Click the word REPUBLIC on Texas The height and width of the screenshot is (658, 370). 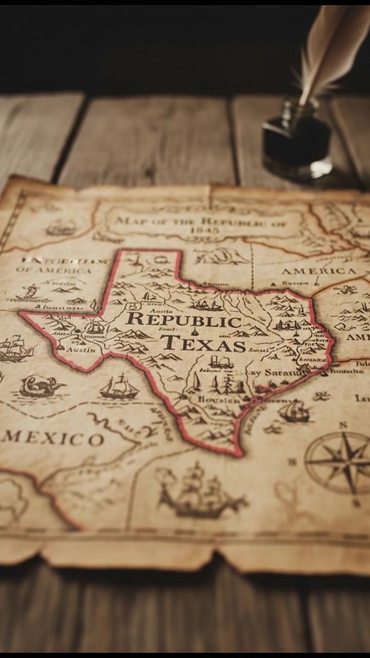tap(183, 320)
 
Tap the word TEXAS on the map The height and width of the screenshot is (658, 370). tap(203, 343)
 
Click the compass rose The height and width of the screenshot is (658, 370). tap(338, 462)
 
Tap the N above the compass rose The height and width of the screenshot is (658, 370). tap(343, 425)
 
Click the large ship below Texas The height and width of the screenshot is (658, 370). tap(200, 492)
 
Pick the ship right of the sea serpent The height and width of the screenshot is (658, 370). tap(119, 387)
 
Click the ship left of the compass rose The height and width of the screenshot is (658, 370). tap(294, 412)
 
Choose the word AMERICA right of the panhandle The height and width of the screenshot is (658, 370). tap(319, 271)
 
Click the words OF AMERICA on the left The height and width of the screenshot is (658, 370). tap(53, 270)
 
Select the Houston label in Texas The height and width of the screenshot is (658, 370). tap(218, 399)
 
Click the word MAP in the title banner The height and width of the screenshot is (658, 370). tap(128, 222)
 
